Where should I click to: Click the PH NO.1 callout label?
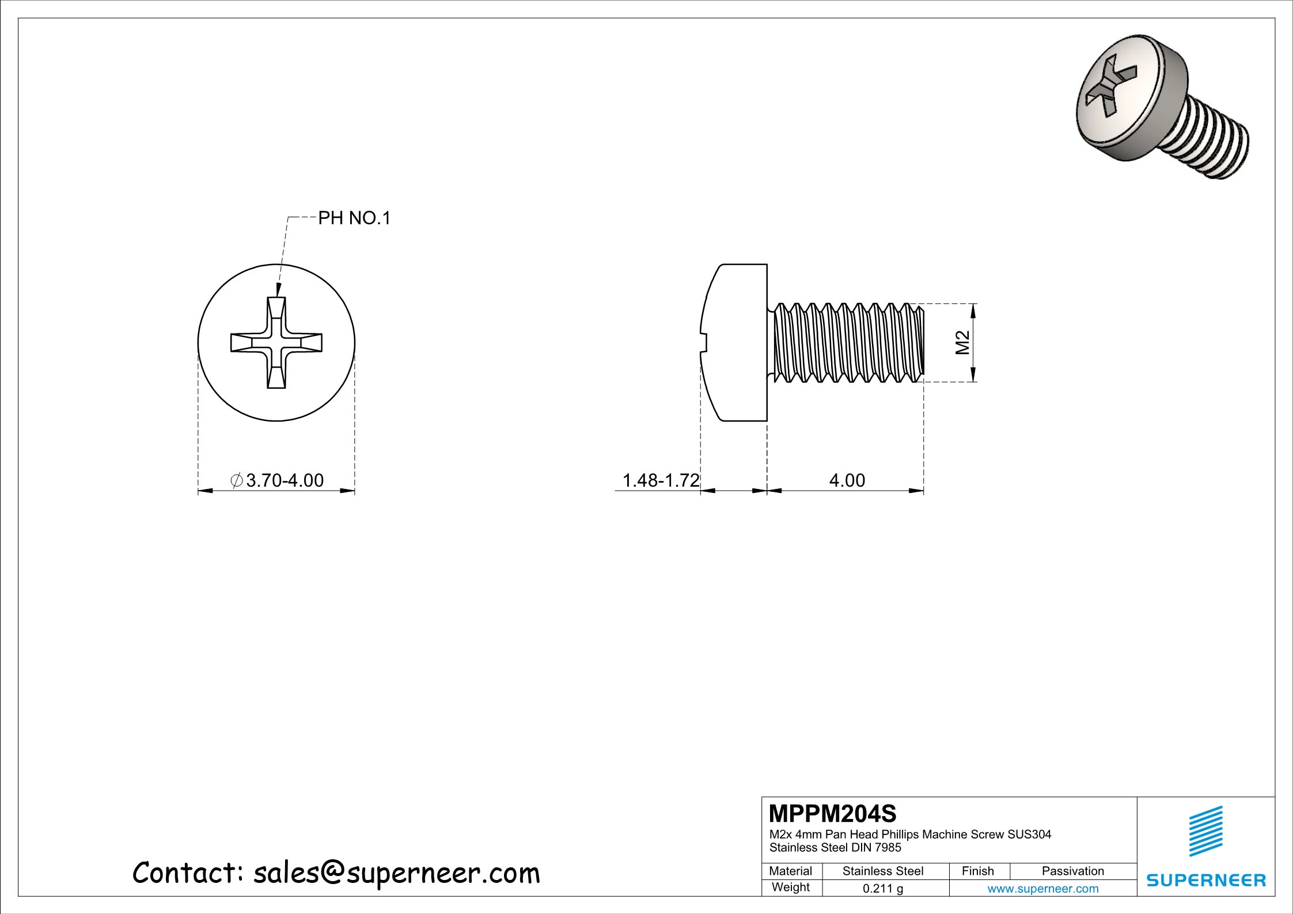pyautogui.click(x=354, y=218)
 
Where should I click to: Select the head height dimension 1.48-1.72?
pyautogui.click(x=661, y=480)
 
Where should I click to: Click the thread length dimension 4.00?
pyautogui.click(x=847, y=480)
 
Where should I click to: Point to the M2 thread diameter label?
pyautogui.click(x=963, y=343)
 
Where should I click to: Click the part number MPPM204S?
pyautogui.click(x=833, y=814)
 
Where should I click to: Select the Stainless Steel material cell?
pyautogui.click(x=883, y=871)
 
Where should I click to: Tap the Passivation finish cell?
pyautogui.click(x=1073, y=871)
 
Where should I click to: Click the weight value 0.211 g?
pyautogui.click(x=883, y=889)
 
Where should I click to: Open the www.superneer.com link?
pyautogui.click(x=1043, y=889)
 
